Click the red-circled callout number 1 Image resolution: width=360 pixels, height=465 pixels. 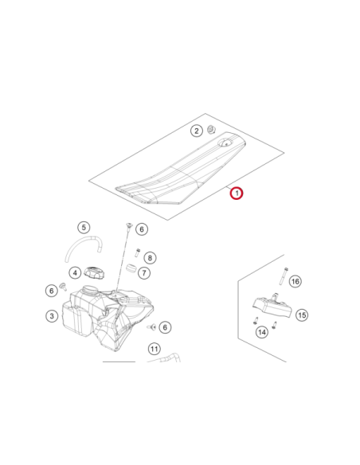[x=237, y=193]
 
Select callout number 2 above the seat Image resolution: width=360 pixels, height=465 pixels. [x=196, y=131]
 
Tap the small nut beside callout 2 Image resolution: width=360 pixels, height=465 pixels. [x=211, y=129]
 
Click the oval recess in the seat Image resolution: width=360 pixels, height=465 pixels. [x=226, y=143]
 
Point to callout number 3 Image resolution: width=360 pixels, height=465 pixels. [x=52, y=316]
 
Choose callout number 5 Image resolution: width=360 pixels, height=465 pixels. [x=84, y=228]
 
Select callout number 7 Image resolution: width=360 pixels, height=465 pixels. [x=144, y=272]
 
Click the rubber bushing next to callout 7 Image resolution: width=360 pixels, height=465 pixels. [x=131, y=268]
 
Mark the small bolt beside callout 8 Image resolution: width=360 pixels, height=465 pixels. [x=138, y=252]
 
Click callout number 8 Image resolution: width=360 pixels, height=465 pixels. [x=150, y=258]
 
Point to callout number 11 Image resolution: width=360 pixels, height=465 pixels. [x=154, y=349]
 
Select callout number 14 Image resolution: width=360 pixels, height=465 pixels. [x=262, y=332]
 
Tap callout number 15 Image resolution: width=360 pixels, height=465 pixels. [x=302, y=315]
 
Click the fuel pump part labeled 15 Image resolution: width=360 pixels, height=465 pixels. [x=272, y=306]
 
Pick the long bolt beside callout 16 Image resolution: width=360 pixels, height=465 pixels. [x=284, y=275]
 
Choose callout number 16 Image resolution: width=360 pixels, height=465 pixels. [x=295, y=281]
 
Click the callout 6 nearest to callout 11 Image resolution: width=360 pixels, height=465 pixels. [x=165, y=327]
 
